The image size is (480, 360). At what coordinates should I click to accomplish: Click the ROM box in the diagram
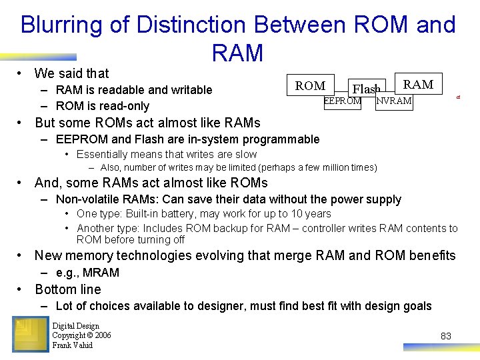click(310, 86)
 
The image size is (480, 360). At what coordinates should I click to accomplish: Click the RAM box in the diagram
click(418, 84)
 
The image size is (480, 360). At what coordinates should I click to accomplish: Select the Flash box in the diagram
click(366, 89)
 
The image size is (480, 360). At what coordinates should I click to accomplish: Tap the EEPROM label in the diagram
click(342, 101)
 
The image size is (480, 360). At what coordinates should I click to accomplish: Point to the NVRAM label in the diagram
click(394, 101)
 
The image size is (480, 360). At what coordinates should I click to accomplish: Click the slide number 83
click(446, 336)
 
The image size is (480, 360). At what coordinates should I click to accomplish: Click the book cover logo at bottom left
click(30, 334)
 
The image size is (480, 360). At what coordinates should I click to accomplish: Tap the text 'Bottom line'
click(68, 289)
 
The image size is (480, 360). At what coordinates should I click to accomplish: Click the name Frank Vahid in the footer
click(72, 345)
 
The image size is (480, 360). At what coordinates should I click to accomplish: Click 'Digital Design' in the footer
click(75, 326)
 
